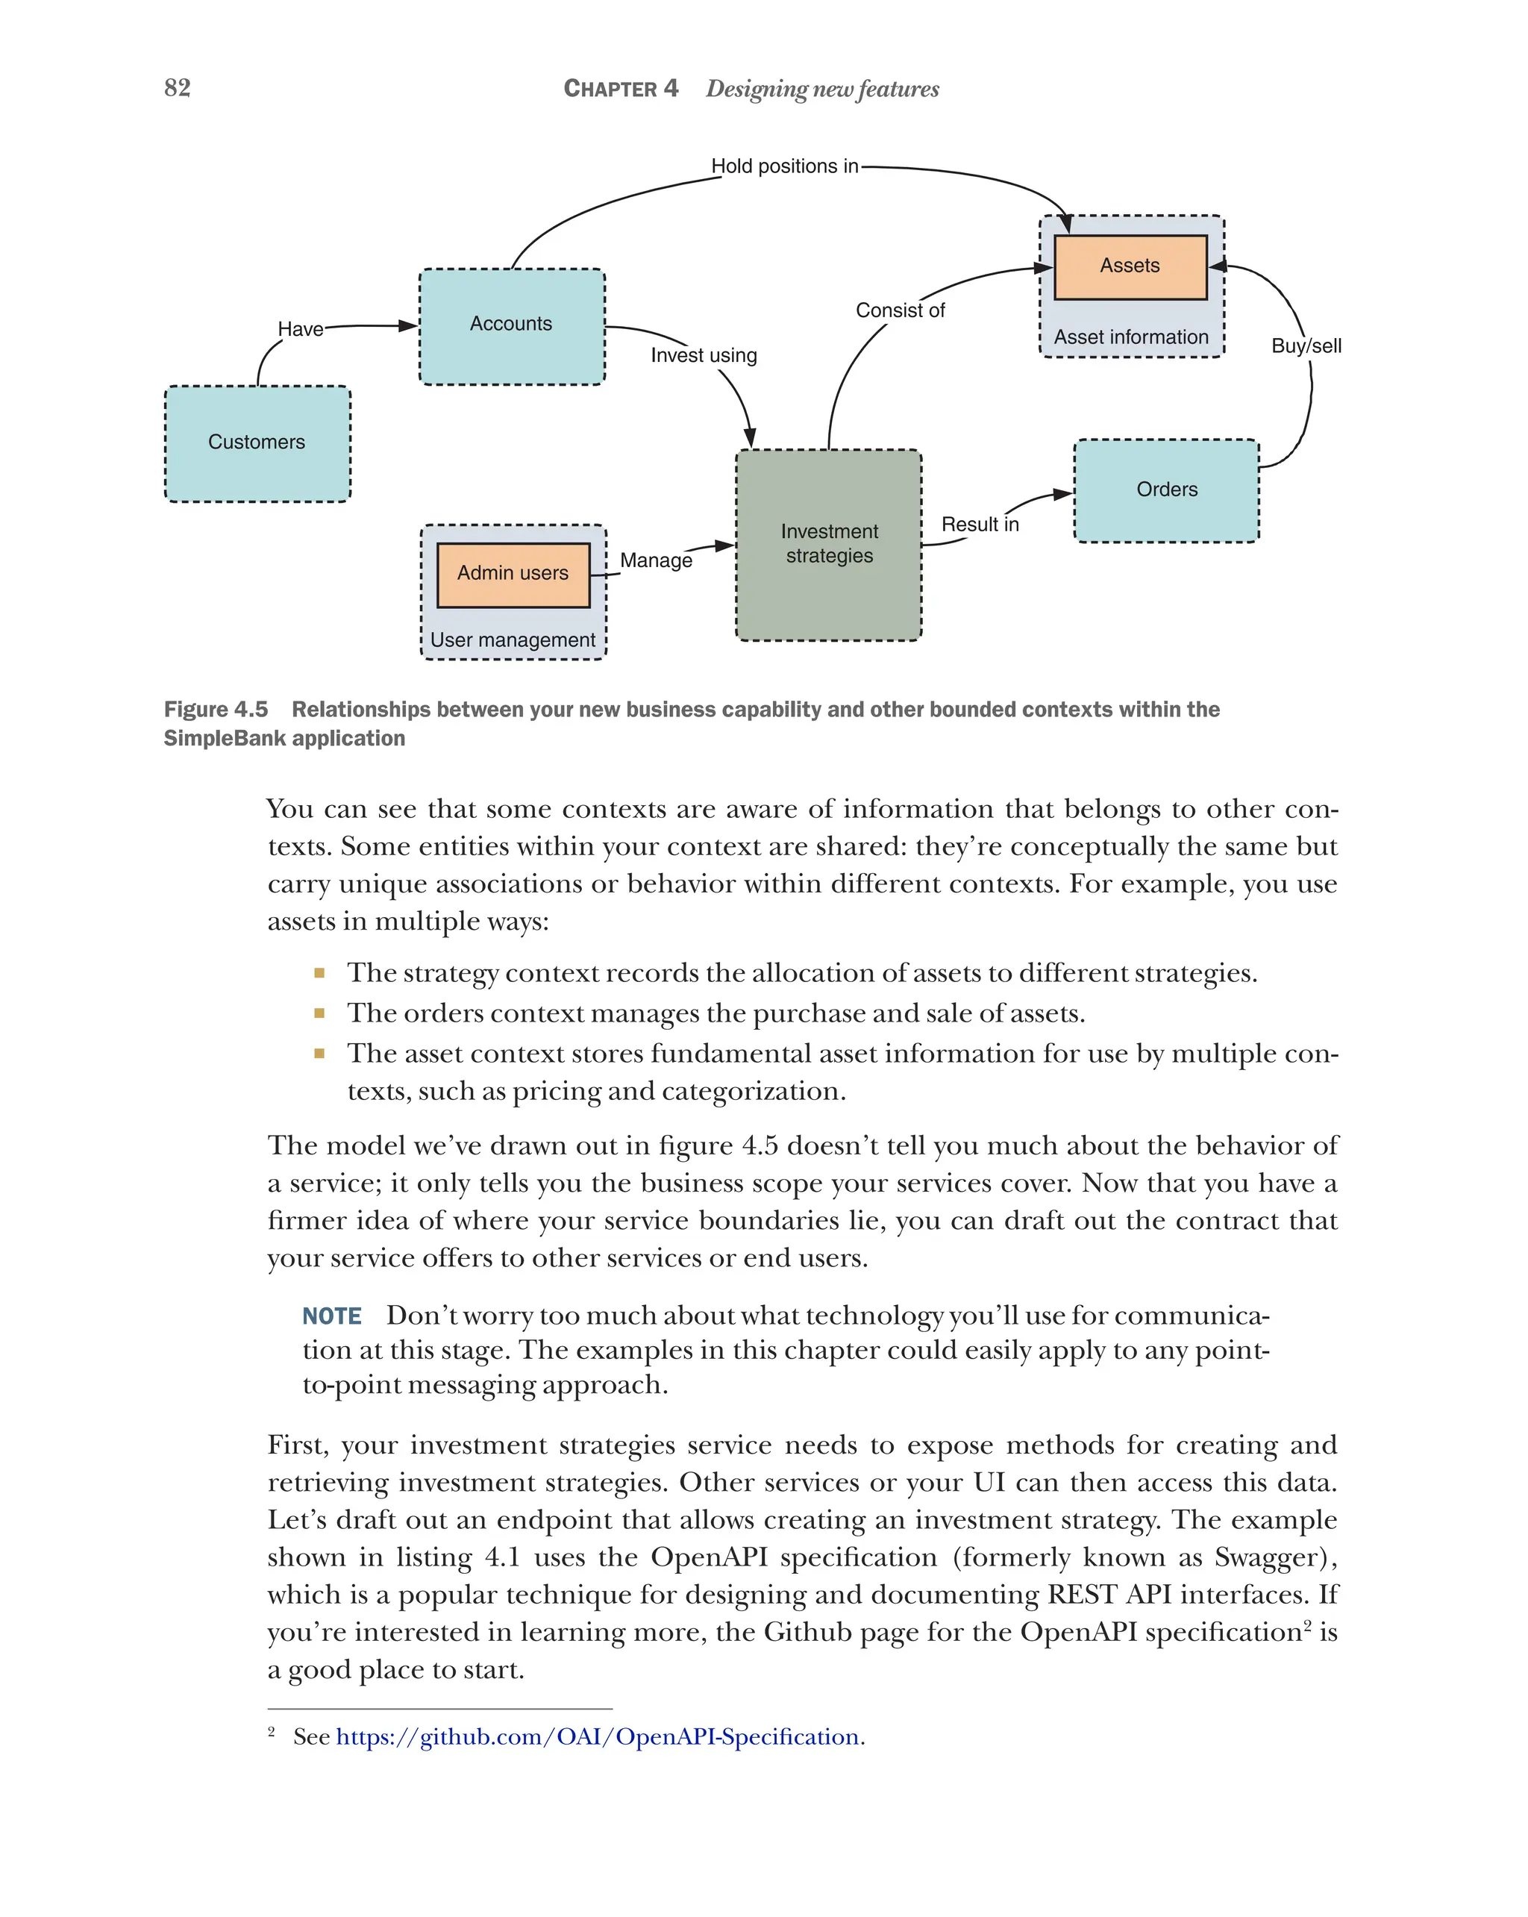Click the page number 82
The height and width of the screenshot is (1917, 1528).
pos(177,88)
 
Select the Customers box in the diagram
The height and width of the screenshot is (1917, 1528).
pos(257,442)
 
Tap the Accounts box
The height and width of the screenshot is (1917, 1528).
pos(511,325)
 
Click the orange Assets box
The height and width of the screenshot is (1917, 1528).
pos(1129,266)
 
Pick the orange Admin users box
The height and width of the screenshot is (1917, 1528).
pos(513,574)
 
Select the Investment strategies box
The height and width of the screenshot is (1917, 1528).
pos(828,544)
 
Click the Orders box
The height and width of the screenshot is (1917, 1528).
pos(1166,490)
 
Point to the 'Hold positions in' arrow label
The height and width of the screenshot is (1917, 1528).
pos(784,166)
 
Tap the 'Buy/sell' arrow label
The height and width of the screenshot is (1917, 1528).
pos(1305,346)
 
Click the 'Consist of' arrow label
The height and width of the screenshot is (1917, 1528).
pos(900,310)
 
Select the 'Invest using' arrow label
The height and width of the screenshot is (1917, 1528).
pos(703,356)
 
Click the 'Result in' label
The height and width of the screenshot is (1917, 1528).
pos(980,525)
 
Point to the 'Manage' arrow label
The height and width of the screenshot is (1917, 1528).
pos(656,560)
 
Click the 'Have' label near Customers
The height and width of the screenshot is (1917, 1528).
pos(301,330)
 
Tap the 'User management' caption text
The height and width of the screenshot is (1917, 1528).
pos(513,640)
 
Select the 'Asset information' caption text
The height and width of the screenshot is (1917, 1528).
pos(1130,338)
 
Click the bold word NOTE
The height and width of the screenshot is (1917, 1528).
pos(331,1316)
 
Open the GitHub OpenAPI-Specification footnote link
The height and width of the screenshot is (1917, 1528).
pos(598,1736)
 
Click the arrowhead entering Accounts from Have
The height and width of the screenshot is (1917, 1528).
pos(409,325)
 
